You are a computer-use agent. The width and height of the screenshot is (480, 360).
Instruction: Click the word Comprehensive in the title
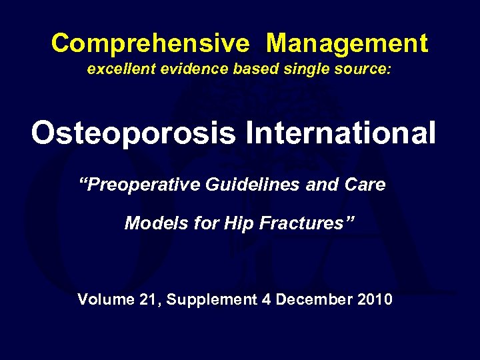(150, 44)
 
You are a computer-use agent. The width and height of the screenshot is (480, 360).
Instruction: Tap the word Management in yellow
(347, 44)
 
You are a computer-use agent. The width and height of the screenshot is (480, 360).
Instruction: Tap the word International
(341, 133)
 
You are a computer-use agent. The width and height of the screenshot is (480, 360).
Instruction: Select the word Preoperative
(142, 185)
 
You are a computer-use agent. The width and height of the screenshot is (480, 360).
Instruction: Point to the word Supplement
(211, 300)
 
